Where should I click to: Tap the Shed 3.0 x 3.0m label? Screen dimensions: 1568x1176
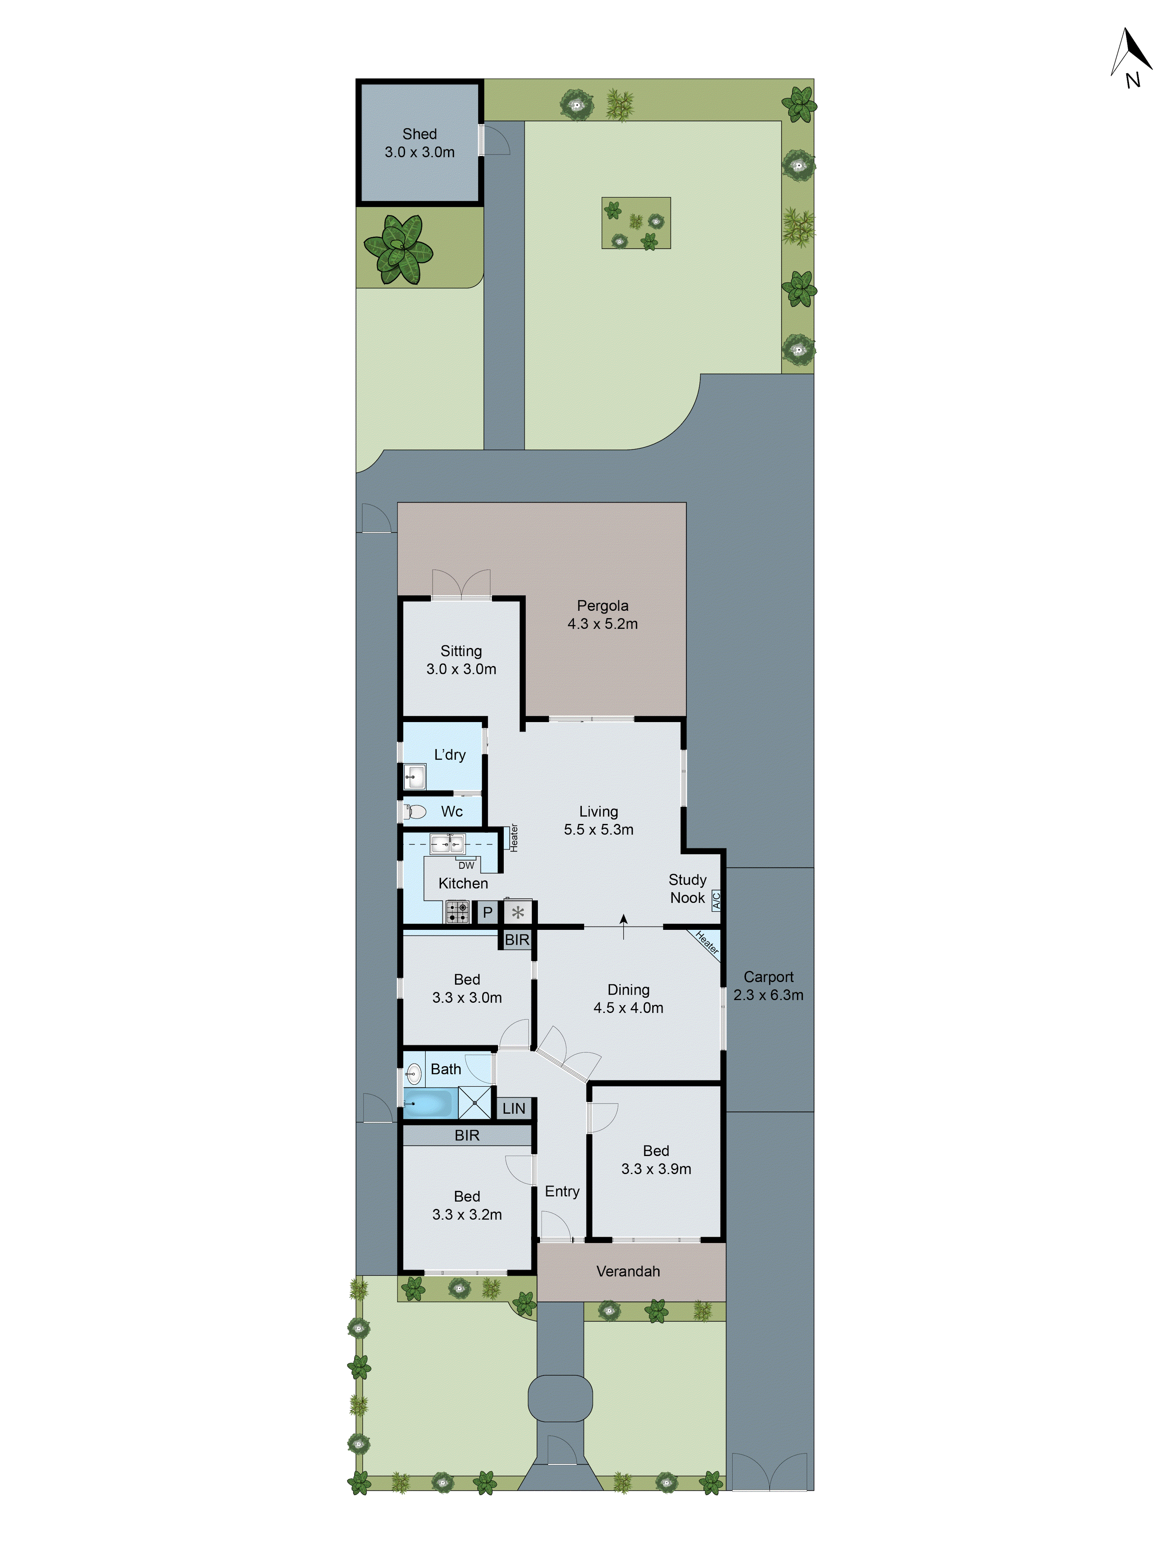(420, 142)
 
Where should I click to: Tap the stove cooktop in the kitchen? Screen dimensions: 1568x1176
(457, 911)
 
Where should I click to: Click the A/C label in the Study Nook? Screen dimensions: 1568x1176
(716, 901)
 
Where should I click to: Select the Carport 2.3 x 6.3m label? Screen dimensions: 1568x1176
(768, 985)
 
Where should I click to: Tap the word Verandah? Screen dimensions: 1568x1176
(628, 1271)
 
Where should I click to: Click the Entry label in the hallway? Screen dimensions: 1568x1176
(562, 1192)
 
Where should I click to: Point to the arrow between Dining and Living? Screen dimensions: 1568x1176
(624, 926)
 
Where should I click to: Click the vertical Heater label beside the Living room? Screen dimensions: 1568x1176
(514, 837)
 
